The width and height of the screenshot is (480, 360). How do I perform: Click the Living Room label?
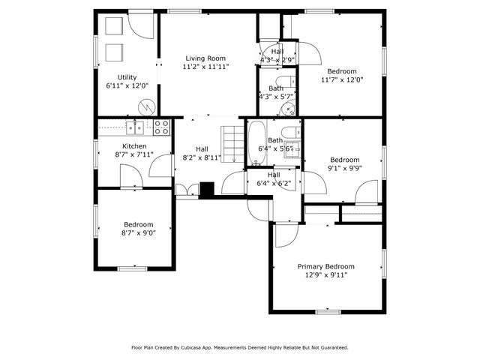coord(205,58)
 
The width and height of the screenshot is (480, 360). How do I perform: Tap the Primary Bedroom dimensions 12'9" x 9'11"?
coord(325,275)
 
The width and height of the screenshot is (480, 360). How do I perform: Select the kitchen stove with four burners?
coord(160,126)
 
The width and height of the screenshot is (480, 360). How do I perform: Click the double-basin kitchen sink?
coord(135,126)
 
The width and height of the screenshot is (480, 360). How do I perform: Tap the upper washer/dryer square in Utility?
coord(113,27)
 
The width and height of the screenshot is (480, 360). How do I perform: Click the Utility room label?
coord(127,77)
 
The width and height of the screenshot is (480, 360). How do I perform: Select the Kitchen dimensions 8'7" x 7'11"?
coord(134,154)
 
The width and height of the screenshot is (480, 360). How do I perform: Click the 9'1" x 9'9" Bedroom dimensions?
coord(344,169)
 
